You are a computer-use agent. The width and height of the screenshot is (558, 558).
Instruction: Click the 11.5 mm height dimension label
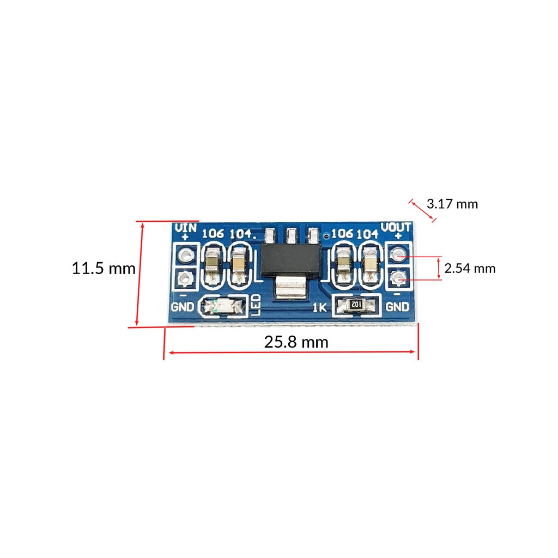(104, 268)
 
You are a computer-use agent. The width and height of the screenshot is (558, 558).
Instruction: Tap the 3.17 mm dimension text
(452, 204)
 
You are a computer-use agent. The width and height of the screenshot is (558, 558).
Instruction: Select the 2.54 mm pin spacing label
(470, 268)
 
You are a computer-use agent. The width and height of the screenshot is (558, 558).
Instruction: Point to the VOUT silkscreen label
(396, 227)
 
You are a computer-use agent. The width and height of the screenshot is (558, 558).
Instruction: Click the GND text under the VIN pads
(183, 307)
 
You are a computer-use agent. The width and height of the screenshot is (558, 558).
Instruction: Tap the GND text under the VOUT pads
(397, 307)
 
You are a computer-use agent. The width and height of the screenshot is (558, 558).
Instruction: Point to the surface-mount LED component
(222, 307)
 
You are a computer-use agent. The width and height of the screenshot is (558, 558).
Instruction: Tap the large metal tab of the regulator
(290, 287)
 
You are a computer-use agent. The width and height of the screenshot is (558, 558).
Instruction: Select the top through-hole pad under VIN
(186, 254)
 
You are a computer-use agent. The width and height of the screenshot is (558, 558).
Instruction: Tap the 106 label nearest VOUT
(342, 234)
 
